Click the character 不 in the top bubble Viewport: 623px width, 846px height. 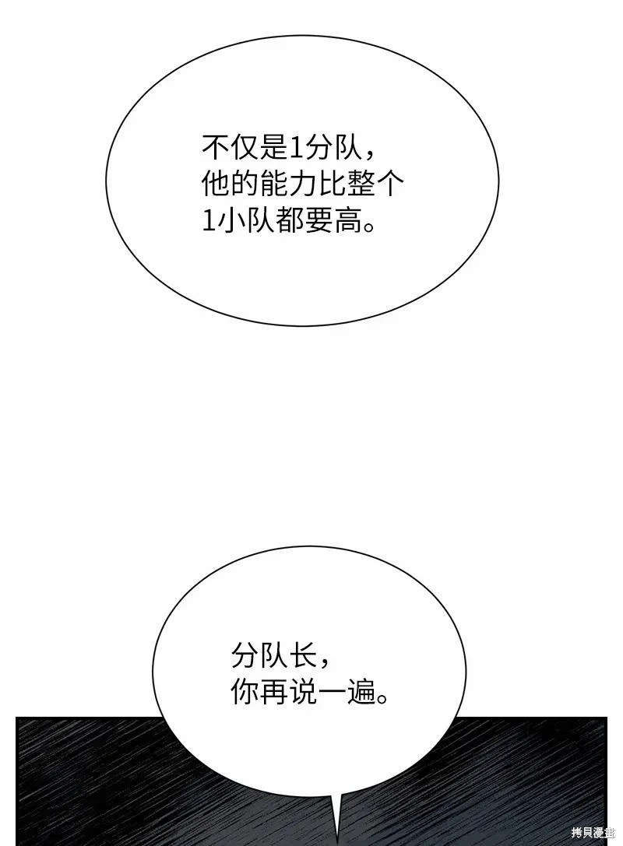click(x=216, y=147)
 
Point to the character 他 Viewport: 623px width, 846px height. click(x=216, y=184)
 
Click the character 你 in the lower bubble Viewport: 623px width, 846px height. click(x=245, y=692)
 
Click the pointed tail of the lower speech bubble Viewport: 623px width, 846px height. click(x=337, y=843)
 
